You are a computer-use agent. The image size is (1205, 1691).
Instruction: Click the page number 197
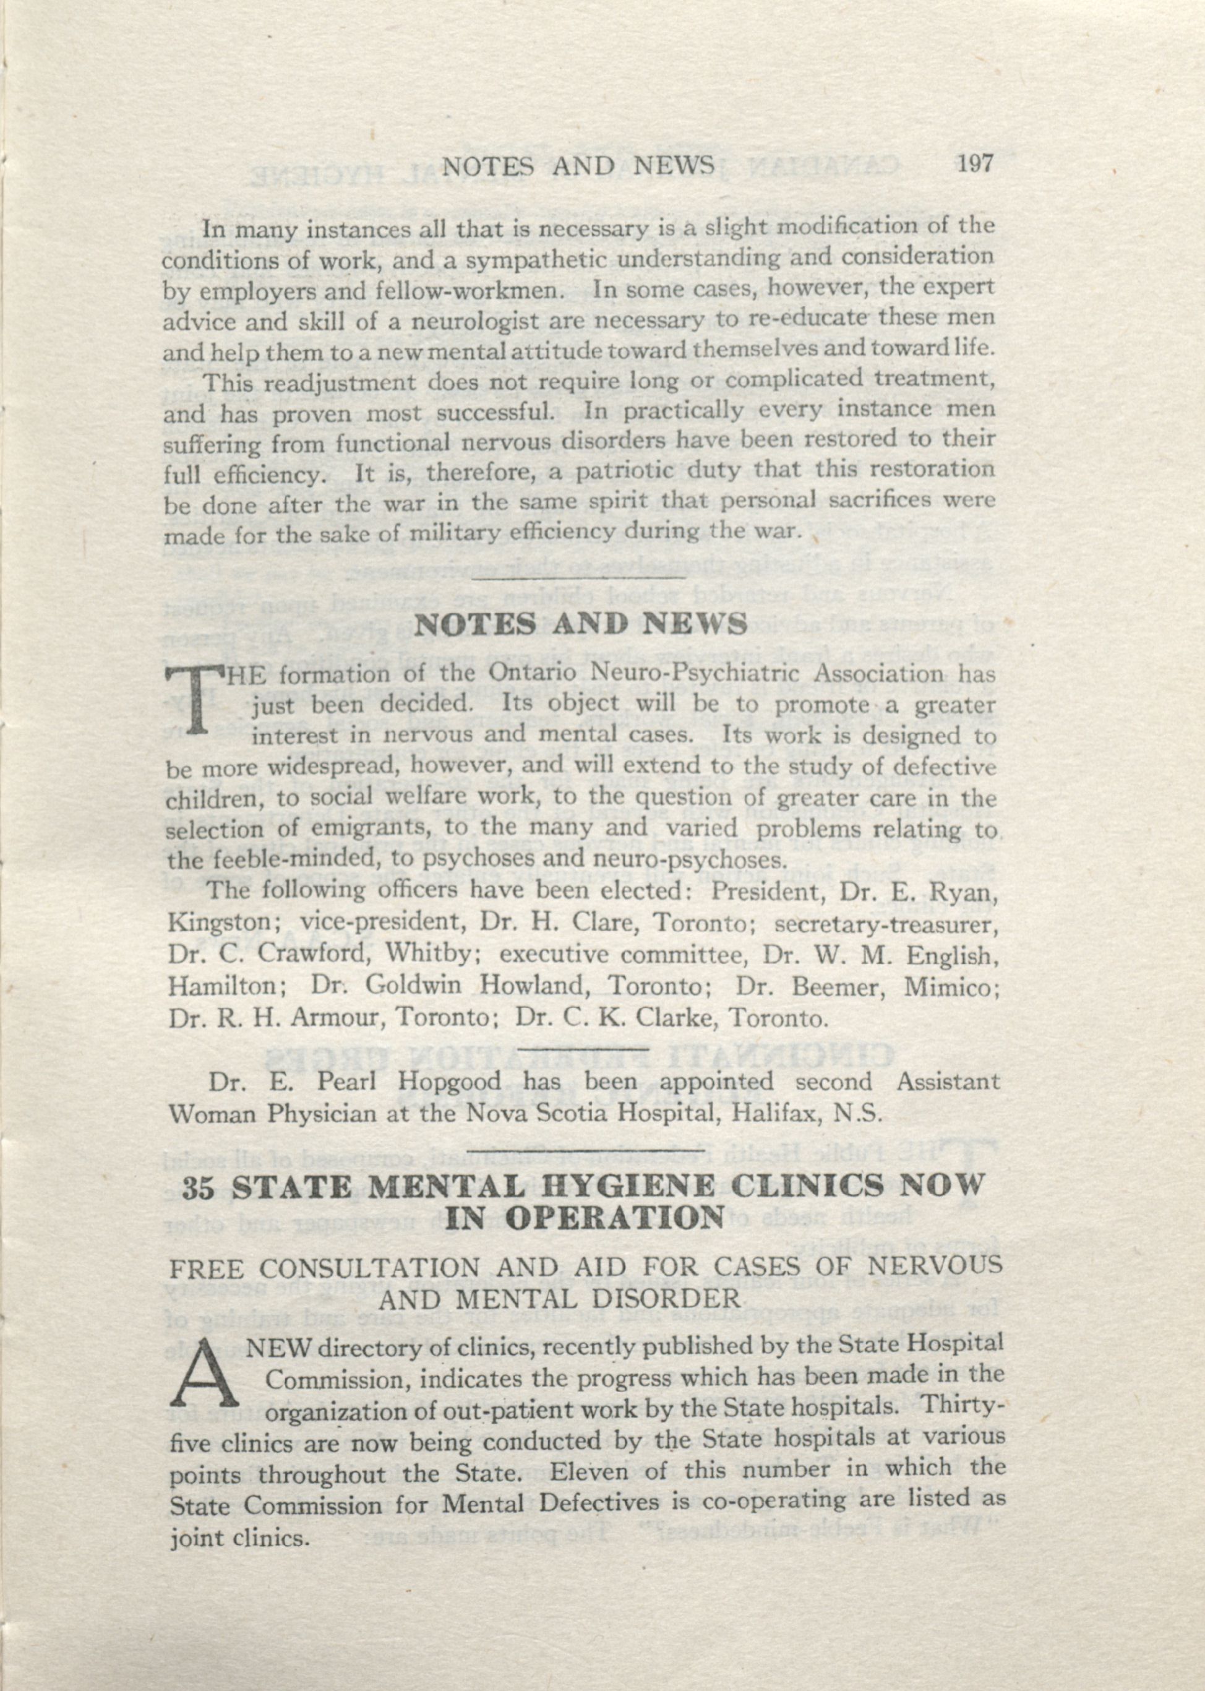(974, 163)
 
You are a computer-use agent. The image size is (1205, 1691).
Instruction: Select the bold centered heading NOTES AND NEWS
(580, 625)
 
